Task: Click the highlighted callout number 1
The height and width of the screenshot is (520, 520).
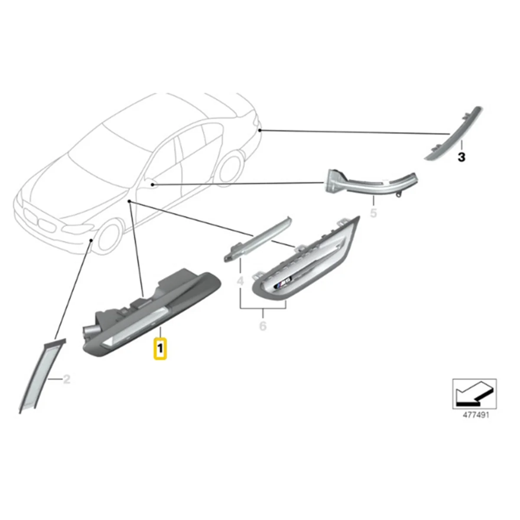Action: pos(160,348)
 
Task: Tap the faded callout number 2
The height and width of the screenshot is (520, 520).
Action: pos(66,380)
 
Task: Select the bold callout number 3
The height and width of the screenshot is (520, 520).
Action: pos(461,157)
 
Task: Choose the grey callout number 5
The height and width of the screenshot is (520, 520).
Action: pos(374,213)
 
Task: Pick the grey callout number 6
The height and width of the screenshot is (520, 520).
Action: pos(263,325)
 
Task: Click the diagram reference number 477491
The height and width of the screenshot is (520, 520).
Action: pos(475,415)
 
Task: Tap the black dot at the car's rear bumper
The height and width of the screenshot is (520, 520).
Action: pos(259,130)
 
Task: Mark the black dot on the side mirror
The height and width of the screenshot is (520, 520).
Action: pos(153,185)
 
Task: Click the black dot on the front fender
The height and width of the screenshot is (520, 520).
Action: pos(130,202)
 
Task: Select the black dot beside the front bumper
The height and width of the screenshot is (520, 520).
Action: pos(91,240)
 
